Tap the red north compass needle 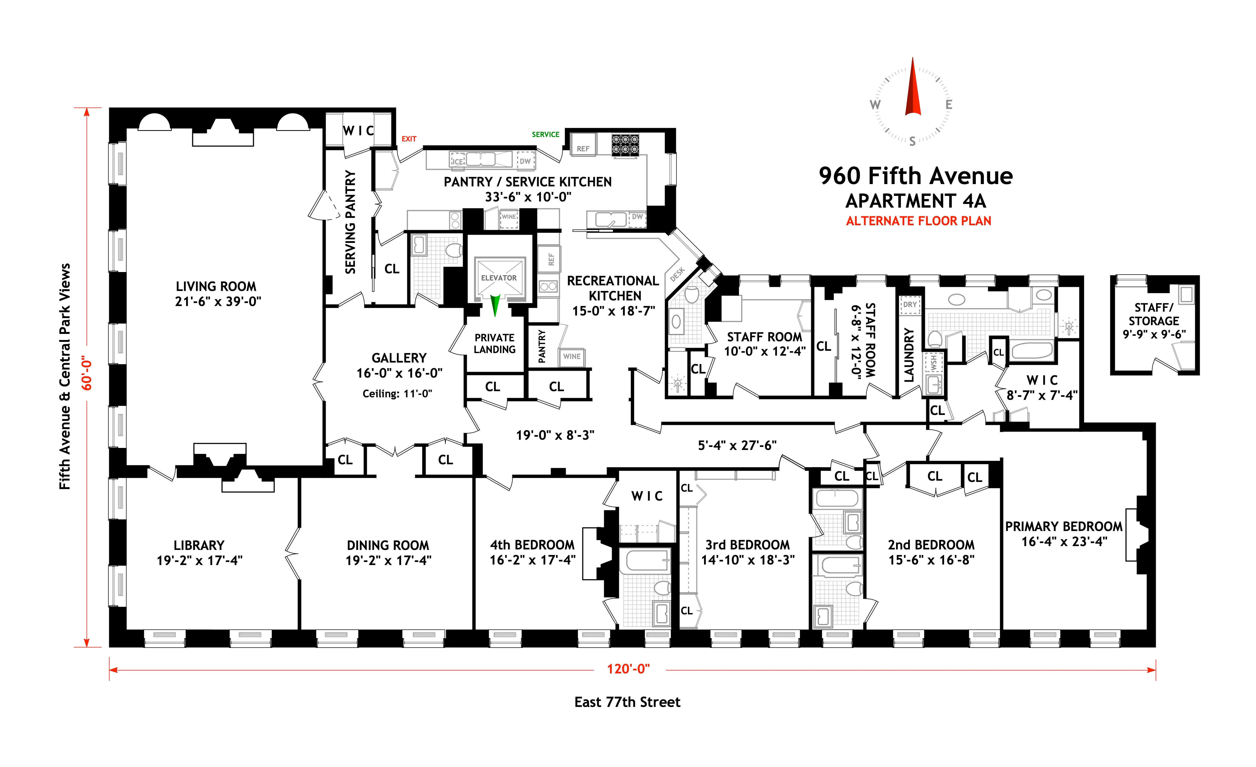[x=912, y=92]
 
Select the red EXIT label [x=409, y=139]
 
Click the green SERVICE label [x=545, y=134]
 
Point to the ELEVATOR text [x=499, y=278]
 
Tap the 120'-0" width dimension [x=628, y=669]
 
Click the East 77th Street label [x=627, y=702]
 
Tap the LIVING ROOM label [x=216, y=286]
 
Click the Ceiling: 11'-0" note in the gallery [x=397, y=393]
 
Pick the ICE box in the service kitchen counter [x=458, y=161]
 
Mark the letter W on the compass [x=875, y=105]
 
